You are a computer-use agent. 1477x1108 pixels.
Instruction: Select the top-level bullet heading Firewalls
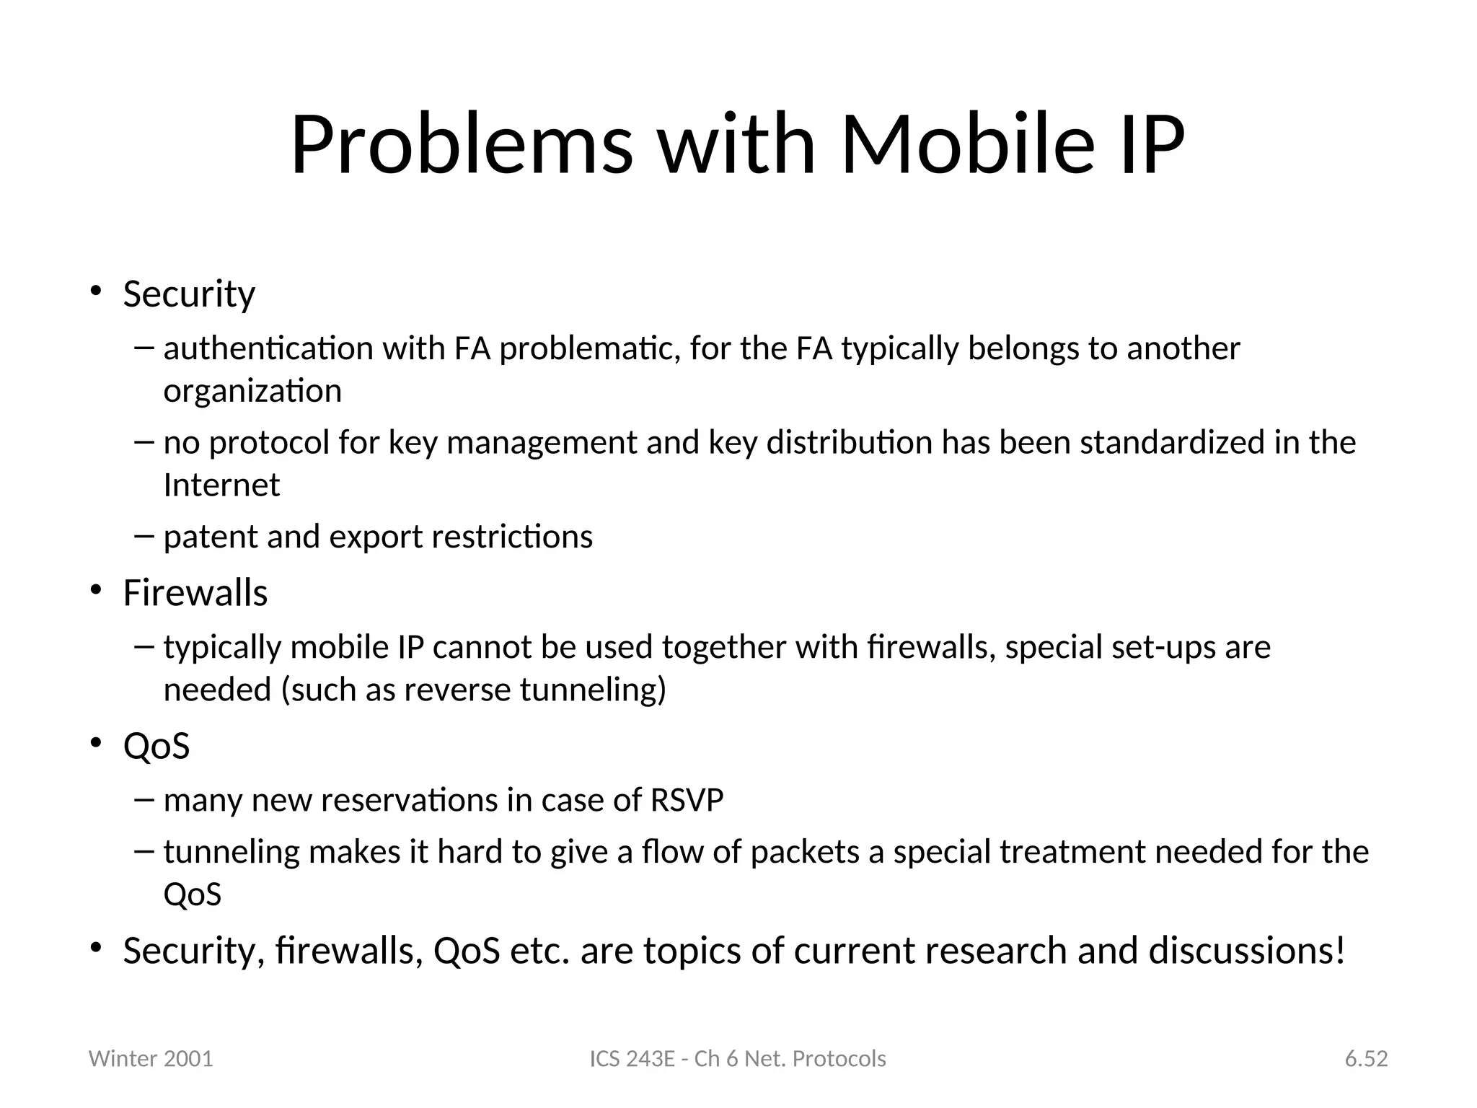coord(195,593)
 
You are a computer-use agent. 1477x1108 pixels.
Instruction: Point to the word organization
coord(252,392)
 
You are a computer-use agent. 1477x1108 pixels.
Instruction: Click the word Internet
coord(221,485)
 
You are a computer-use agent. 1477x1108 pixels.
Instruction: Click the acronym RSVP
coord(687,800)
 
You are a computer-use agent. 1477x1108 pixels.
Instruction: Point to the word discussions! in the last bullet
coord(1247,951)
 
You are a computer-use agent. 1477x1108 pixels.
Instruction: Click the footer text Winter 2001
coord(151,1059)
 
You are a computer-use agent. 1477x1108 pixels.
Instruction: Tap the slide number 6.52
coord(1366,1059)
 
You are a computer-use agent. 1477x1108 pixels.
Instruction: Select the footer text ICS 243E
coord(632,1059)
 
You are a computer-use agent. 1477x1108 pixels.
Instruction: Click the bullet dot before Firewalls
coord(95,591)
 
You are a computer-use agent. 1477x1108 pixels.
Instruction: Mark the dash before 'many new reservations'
coord(144,799)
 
